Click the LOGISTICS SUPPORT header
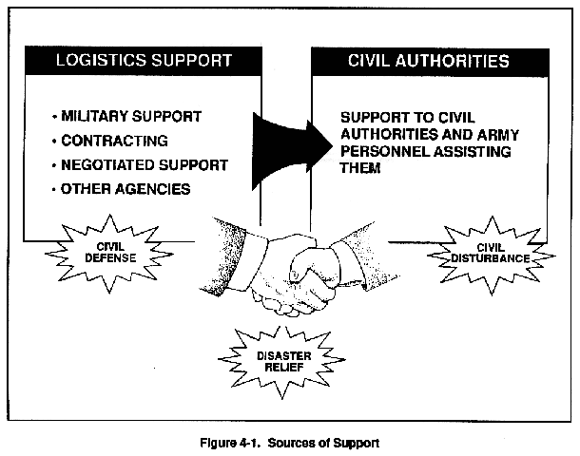144,60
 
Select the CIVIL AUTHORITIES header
429,62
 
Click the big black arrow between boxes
292,151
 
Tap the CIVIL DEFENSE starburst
110,253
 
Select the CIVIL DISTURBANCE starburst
491,255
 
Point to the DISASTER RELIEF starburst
283,361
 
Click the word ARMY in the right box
497,135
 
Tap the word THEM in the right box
360,168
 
